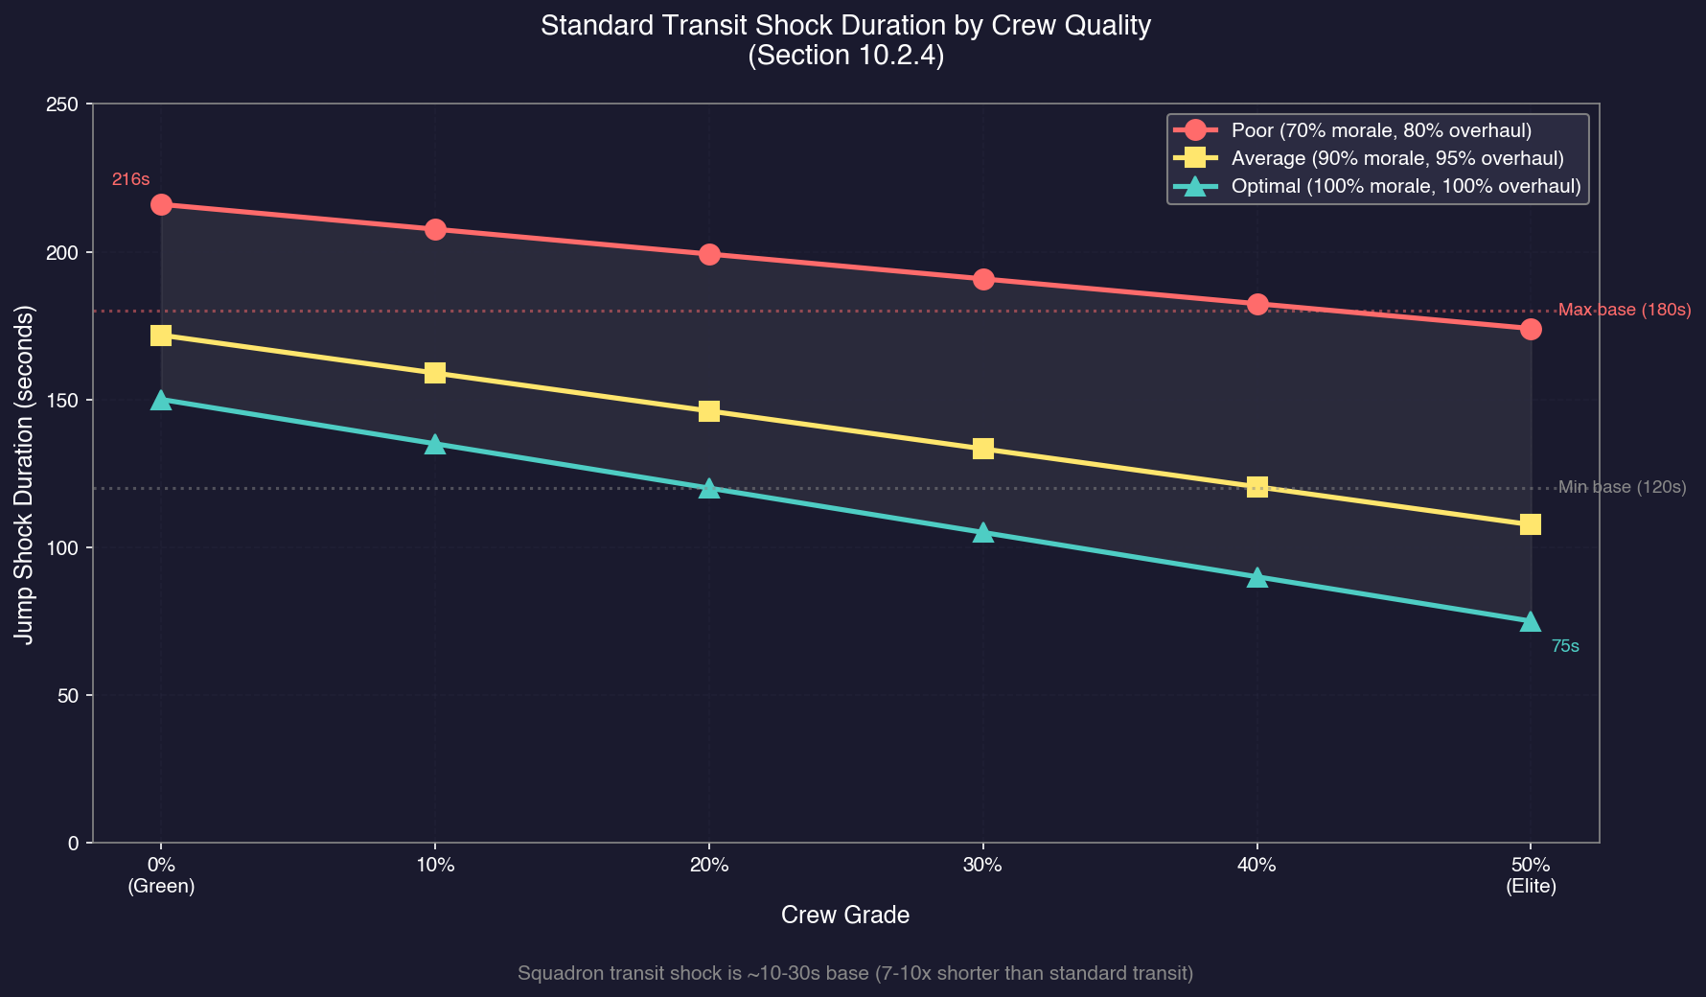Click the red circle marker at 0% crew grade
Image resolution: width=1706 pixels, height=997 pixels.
coord(161,205)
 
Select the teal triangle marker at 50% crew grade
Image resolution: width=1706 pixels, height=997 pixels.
coord(1531,621)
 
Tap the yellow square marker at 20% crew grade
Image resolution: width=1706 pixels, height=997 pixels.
coord(709,411)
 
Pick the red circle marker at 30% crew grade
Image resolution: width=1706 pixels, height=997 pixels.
coord(983,280)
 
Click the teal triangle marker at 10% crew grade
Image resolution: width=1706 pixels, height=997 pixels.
coord(435,444)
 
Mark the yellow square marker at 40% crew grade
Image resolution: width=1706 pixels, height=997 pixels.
coord(1257,487)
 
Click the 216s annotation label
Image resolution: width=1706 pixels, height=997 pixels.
coord(130,179)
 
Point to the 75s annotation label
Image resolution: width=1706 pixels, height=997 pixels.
coord(1565,647)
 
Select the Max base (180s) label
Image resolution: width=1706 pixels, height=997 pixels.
coord(1625,311)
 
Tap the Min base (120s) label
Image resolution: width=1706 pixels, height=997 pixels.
coord(1622,488)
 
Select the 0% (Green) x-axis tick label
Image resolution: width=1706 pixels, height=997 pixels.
coord(161,876)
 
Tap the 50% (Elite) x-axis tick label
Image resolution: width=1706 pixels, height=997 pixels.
coord(1531,876)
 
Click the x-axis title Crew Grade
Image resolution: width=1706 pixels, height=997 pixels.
coord(845,916)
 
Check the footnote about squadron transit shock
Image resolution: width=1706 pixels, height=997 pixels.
coord(855,974)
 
